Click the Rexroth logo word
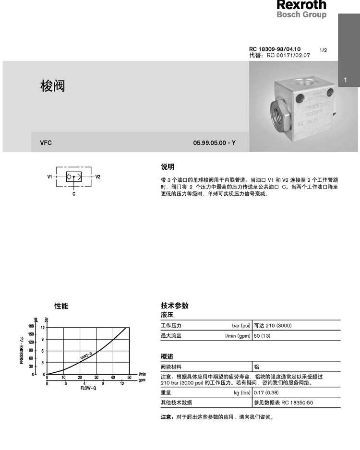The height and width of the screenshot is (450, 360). [x=301, y=5]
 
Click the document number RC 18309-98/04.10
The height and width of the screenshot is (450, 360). [x=275, y=49]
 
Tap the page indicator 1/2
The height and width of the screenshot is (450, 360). [x=323, y=50]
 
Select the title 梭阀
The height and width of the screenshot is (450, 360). [x=52, y=86]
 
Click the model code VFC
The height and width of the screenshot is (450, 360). [x=46, y=142]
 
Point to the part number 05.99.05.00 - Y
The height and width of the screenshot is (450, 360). [x=215, y=142]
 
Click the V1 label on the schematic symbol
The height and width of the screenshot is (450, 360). [x=49, y=177]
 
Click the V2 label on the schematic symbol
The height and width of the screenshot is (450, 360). [x=97, y=177]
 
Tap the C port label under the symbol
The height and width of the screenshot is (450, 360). [x=74, y=194]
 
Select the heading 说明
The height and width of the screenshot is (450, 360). [x=168, y=166]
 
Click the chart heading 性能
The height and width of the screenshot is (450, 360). [x=61, y=306]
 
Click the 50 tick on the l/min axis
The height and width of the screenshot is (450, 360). [x=129, y=377]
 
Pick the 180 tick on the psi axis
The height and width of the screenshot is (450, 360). [x=31, y=327]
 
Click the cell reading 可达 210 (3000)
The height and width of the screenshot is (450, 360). [x=272, y=326]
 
